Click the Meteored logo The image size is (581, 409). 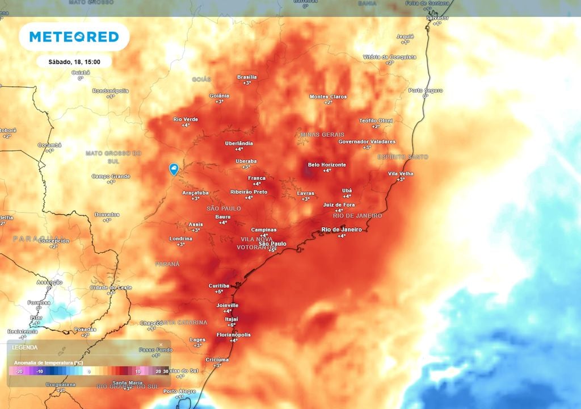pos(74,37)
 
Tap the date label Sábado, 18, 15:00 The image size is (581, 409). pos(74,62)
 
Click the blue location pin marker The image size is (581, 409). pos(174,169)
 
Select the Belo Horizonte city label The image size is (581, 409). pos(327,165)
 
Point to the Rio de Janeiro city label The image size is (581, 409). pos(341,229)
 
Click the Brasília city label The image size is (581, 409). pos(247,77)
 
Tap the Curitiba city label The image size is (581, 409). pos(218,286)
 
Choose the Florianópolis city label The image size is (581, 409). pos(233,335)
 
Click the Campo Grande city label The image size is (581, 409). pos(111,176)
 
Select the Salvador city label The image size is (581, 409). pos(437,18)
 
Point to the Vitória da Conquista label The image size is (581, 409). pos(389,57)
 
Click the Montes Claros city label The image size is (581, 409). pos(328,97)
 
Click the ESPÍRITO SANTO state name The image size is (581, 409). pos(403,157)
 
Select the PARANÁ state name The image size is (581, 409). pos(167,264)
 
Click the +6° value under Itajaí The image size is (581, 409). pos(231,325)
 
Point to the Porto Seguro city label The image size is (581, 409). pos(426,90)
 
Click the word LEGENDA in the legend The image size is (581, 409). pos(25,347)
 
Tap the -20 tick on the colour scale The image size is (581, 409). pos(19,372)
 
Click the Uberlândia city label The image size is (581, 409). pos(239,143)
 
